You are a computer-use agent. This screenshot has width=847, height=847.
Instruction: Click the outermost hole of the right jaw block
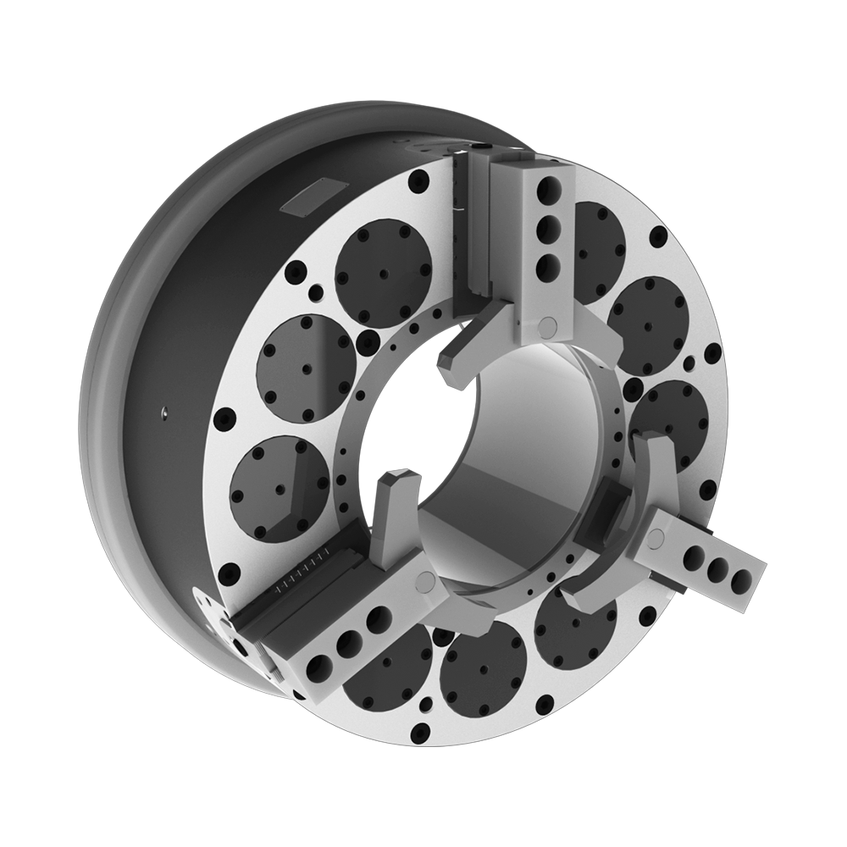[742, 579]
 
